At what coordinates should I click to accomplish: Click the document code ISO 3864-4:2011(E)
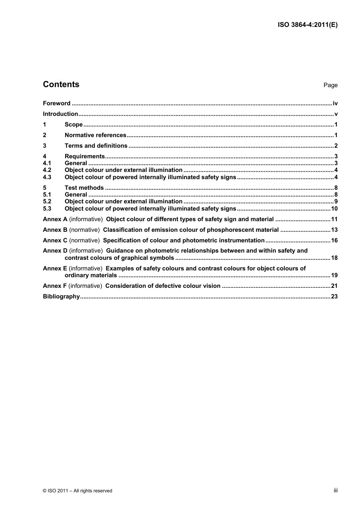coord(307,25)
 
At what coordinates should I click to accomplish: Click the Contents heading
coord(61,84)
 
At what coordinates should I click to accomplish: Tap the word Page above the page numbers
coord(330,85)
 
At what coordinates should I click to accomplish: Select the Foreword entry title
coord(56,103)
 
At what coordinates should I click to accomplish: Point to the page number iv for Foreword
coord(335,103)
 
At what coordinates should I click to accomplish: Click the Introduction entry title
coord(60,114)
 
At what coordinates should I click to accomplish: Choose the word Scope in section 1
coord(74,125)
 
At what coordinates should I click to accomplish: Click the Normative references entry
coord(95,135)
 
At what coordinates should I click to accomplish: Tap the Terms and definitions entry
coord(96,146)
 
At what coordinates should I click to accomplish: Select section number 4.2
coord(47,170)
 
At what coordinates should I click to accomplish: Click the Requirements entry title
coord(85,156)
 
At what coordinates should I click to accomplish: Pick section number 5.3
coord(47,209)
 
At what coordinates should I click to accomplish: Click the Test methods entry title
coord(84,188)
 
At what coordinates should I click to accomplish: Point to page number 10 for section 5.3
coord(334,209)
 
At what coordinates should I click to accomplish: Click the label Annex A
coord(55,219)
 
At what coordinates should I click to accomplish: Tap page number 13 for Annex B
coord(334,230)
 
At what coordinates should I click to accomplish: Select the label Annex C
coord(55,240)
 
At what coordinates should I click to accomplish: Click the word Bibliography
coord(61,297)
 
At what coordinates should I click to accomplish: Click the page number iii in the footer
coord(335,490)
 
